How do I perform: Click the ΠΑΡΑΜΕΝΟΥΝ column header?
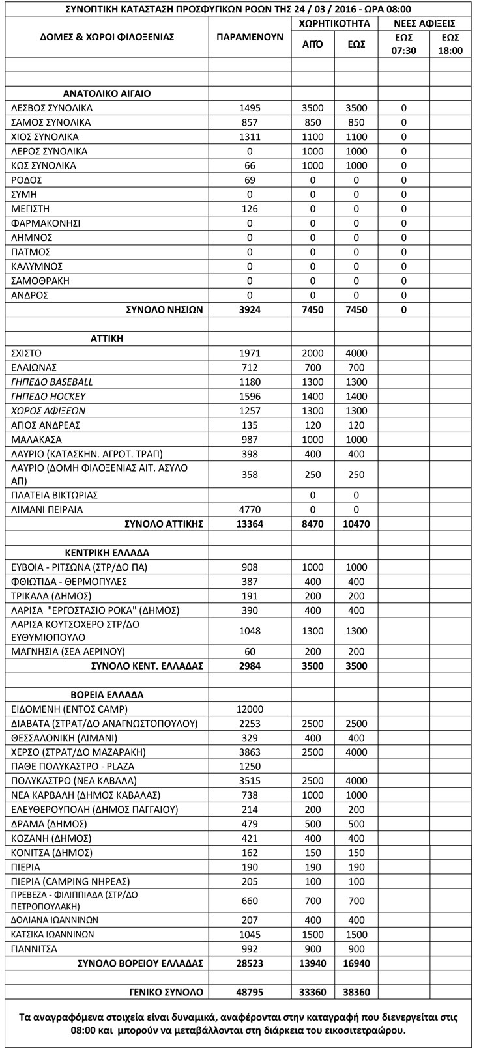250,37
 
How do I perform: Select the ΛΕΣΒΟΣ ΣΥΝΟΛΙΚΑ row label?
52,108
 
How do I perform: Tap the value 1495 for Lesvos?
250,108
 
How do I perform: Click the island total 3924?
250,310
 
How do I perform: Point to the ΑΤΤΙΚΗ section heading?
107,339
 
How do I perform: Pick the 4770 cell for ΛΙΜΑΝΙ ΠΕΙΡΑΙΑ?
250,509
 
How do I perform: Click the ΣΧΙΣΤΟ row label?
27,353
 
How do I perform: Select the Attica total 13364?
250,524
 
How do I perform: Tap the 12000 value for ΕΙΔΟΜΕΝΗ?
250,709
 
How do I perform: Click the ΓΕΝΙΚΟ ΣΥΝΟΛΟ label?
166,992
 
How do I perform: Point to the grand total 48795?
250,992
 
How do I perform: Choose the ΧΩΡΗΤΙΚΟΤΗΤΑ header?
334,23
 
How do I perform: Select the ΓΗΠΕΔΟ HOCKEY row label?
49,396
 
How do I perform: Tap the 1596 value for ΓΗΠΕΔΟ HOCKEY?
250,396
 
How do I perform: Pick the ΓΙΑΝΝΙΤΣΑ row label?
35,949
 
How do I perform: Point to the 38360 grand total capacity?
356,992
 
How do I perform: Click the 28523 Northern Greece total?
250,963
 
